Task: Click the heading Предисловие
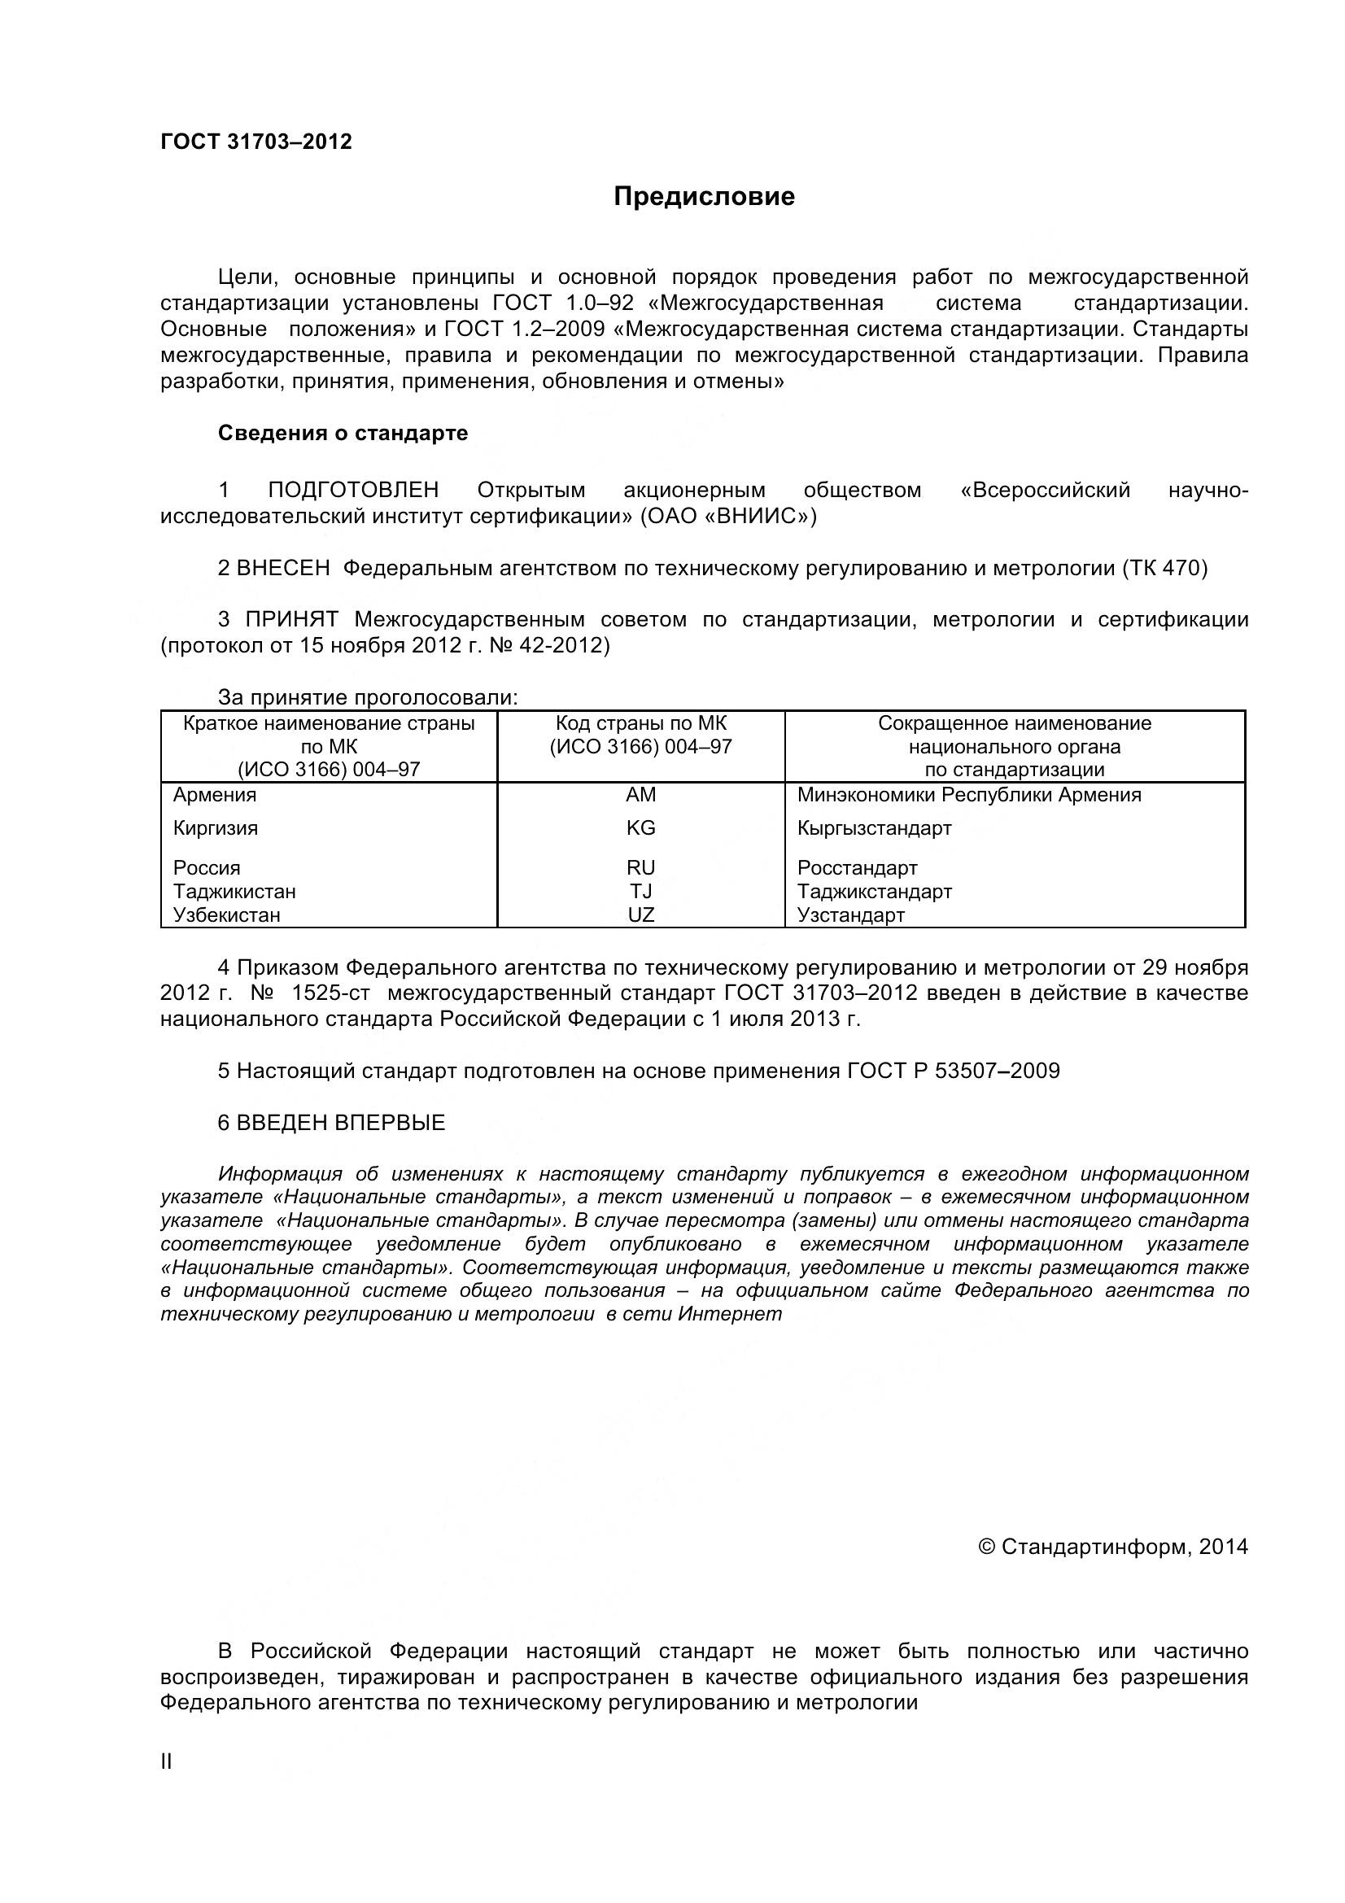pos(704,196)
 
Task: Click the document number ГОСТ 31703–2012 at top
pos(256,142)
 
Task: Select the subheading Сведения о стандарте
pos(343,433)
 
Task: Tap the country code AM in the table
pos(640,795)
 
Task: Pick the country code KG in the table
pos(640,828)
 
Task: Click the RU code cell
pos(640,868)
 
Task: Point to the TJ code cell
pos(640,891)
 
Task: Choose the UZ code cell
pos(640,915)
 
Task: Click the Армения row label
pos(215,795)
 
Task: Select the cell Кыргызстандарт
pos(875,828)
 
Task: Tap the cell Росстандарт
pos(857,868)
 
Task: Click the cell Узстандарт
pos(850,915)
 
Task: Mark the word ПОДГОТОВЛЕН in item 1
pos(353,490)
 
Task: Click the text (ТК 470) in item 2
pos(1164,568)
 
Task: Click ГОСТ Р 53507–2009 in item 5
pos(953,1071)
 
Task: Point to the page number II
pos(166,1762)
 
